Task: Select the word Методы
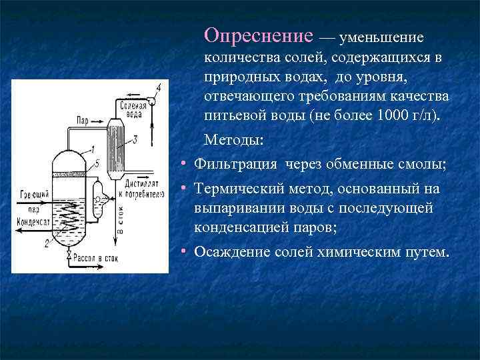233,140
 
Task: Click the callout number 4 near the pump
159,88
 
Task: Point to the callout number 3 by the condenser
135,139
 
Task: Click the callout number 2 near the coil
46,243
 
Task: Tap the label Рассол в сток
99,257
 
